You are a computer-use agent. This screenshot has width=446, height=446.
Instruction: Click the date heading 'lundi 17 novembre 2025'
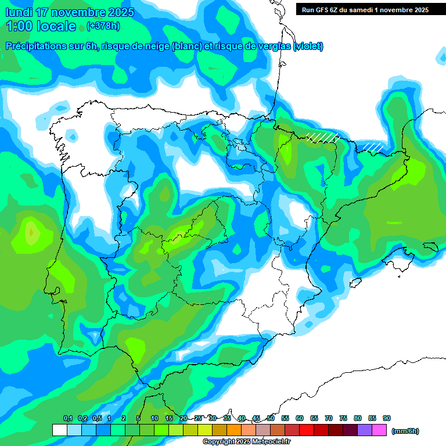(x=70, y=12)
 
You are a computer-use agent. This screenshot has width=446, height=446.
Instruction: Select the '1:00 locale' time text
(x=41, y=26)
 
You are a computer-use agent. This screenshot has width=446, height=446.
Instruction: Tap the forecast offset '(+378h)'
(x=103, y=26)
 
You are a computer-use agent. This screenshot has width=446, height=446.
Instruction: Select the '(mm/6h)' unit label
(x=405, y=431)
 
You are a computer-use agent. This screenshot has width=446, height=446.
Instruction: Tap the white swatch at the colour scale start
(x=59, y=430)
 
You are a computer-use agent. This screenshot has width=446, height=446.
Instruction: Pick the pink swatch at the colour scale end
(x=379, y=430)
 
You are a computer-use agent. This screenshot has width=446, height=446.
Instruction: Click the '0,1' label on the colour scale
(x=68, y=419)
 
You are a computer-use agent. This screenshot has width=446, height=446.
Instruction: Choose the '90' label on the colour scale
(x=387, y=419)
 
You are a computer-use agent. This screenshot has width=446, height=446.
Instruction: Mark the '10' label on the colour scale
(x=154, y=419)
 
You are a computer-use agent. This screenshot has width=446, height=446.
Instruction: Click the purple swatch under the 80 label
(x=365, y=430)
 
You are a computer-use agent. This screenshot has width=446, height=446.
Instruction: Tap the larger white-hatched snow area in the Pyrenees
(x=323, y=137)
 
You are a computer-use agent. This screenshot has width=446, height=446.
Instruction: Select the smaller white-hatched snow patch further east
(x=373, y=146)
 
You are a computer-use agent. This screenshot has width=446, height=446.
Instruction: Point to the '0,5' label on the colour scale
(x=97, y=419)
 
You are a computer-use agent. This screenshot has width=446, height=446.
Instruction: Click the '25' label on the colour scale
(x=198, y=419)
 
